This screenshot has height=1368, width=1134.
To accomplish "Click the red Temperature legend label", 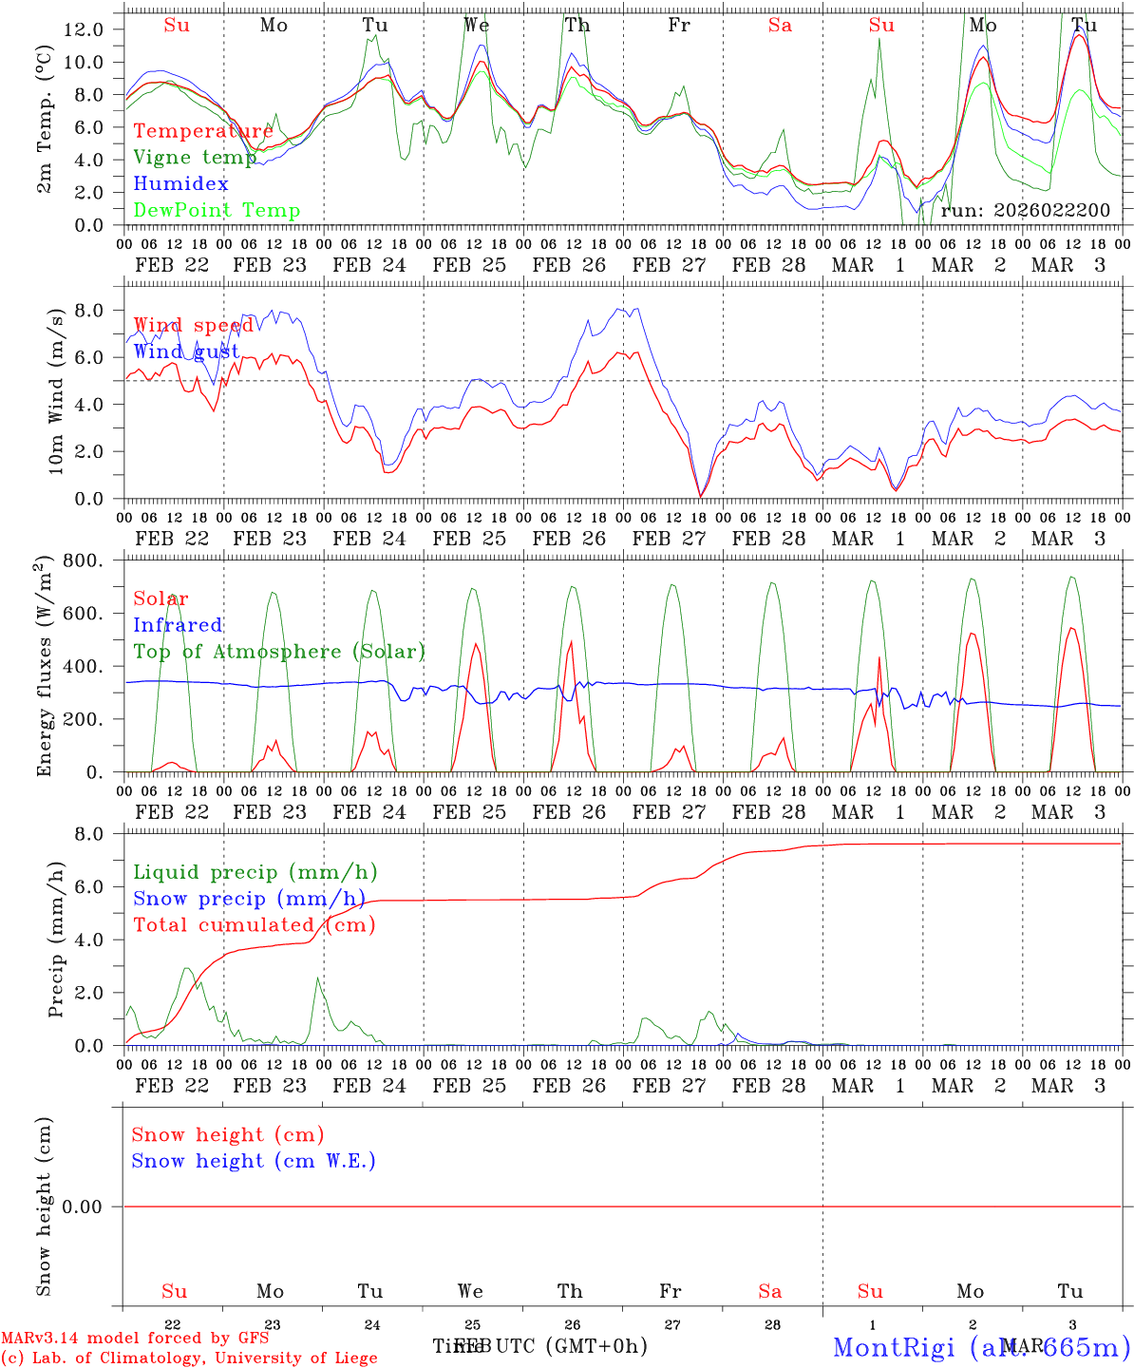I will coord(202,131).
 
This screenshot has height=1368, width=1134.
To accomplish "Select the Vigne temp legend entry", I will coord(195,158).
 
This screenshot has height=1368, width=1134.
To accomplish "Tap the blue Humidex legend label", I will coord(180,184).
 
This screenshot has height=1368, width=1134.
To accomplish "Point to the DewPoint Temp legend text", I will coord(217,211).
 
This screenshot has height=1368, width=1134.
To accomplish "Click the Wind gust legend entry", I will coord(186,351).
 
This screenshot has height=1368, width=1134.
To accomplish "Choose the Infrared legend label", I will coord(178,625).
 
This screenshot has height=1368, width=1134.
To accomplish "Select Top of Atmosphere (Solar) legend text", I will coord(279,652).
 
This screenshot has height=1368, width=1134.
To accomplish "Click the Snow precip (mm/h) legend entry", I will coord(249,899).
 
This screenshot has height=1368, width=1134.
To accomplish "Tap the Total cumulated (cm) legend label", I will coord(254,925).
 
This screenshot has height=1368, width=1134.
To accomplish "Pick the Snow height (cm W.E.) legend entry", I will coord(253,1161).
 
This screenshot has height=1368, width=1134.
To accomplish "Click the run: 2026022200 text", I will coord(1025,211).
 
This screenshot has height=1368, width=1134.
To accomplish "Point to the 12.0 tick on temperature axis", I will coord(84,29).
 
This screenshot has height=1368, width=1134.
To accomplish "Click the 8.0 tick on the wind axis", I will coord(89,310).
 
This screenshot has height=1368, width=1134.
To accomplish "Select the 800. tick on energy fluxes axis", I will coord(83,560).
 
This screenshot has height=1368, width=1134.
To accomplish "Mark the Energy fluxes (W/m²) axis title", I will coord(45,668).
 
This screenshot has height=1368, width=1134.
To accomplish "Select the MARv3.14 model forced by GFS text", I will coord(135,1339).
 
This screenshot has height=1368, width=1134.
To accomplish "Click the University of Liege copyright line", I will coord(189,1358).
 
